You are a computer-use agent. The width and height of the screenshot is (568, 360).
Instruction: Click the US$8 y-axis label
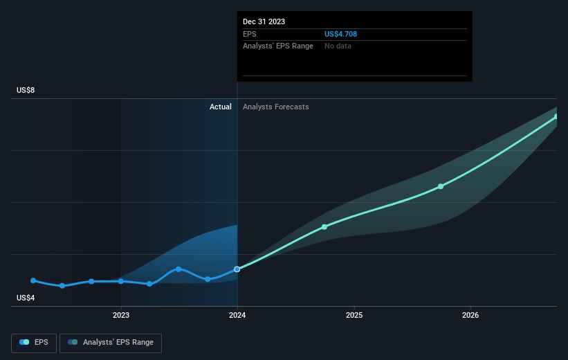(x=26, y=91)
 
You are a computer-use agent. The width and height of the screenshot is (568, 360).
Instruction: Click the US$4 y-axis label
(x=26, y=298)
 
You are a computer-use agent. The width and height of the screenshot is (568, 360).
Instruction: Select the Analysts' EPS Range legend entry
(x=111, y=342)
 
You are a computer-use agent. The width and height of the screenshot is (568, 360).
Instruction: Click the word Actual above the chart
(x=221, y=107)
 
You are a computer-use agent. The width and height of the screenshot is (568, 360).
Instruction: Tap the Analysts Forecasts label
(x=275, y=107)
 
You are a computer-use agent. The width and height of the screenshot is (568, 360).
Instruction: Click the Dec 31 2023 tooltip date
(x=264, y=21)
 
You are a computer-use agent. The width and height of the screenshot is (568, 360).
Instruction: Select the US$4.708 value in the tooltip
(x=340, y=34)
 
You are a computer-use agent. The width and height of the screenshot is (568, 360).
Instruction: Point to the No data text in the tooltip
(x=338, y=46)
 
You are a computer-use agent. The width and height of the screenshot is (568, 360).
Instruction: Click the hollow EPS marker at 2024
(x=237, y=269)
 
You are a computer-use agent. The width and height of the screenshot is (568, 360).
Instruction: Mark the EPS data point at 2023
(x=121, y=281)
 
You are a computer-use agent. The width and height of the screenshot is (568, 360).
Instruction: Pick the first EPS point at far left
(x=33, y=280)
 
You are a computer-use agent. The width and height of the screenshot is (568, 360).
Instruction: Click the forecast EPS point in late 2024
(x=324, y=227)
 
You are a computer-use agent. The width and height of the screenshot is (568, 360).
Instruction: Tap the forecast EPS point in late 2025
(x=441, y=186)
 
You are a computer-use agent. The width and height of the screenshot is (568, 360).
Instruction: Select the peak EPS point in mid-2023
(x=178, y=269)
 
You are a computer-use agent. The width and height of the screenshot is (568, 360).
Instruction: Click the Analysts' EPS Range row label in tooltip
(x=278, y=46)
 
